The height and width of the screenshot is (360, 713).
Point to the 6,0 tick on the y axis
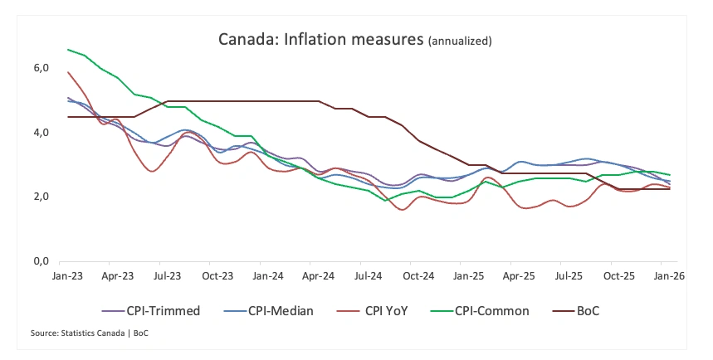42,67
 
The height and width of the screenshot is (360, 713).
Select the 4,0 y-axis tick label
42,132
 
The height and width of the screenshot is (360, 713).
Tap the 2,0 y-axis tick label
42,197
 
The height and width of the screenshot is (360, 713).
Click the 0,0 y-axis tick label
42,261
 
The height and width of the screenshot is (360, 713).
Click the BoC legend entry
595,311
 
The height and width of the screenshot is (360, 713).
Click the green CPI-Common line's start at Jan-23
68,50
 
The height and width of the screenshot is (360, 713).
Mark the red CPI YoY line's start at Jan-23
68,72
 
